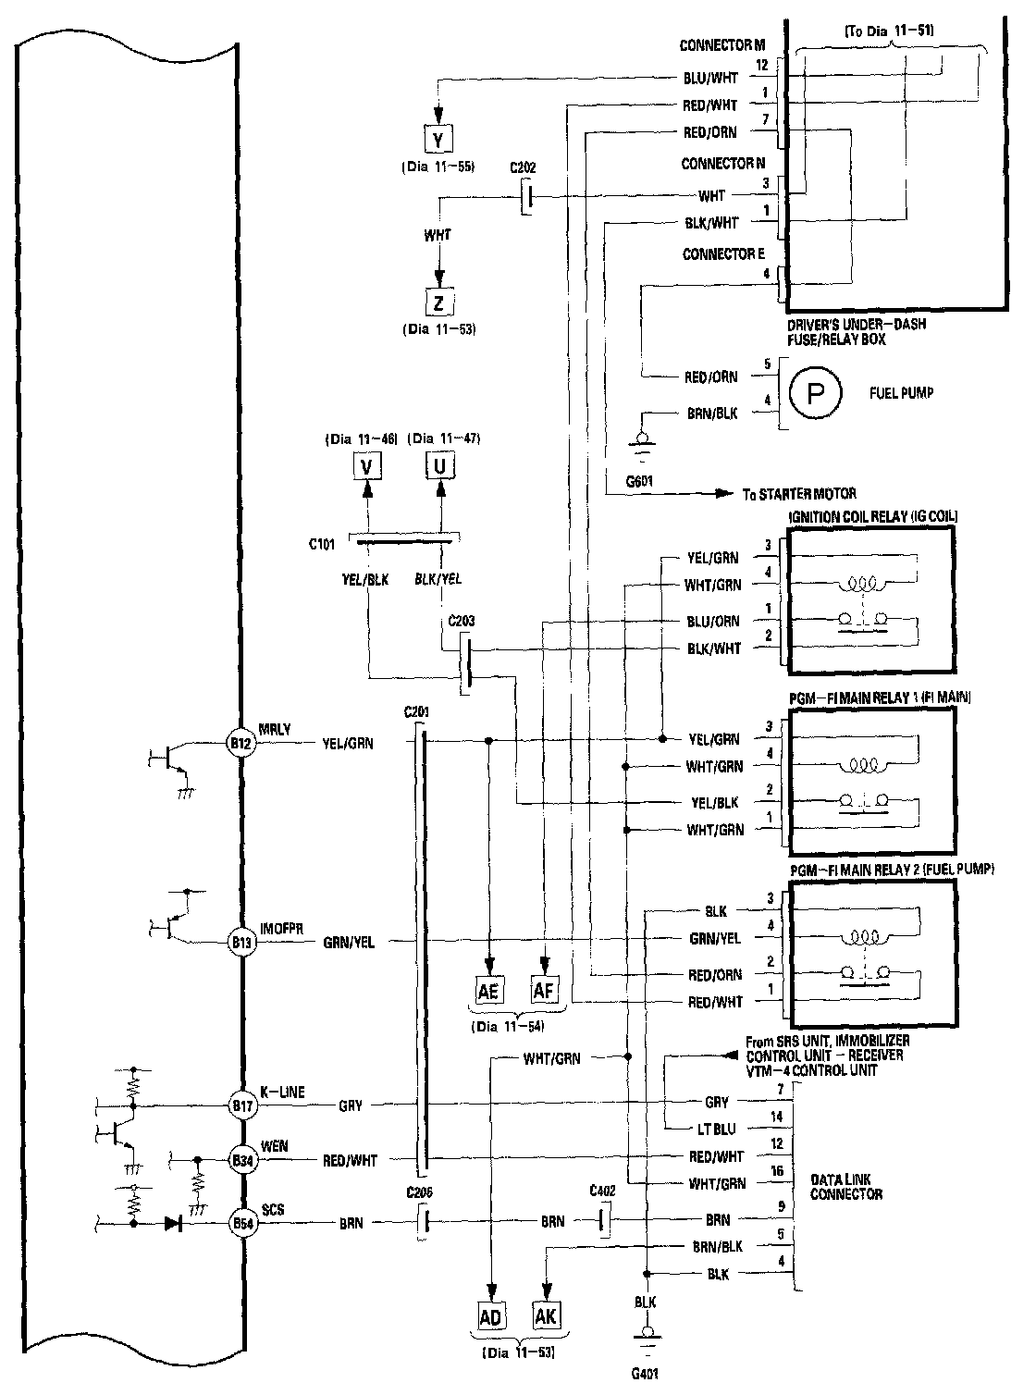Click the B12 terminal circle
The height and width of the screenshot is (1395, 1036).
click(241, 741)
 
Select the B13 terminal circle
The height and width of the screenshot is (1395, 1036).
click(241, 943)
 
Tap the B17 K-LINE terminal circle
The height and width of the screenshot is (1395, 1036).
click(241, 1104)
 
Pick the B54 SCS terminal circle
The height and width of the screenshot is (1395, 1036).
click(241, 1223)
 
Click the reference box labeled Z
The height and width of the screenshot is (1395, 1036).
click(438, 302)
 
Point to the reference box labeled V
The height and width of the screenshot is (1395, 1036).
click(367, 465)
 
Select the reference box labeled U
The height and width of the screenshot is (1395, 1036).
click(440, 465)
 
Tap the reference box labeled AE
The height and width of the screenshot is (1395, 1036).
click(489, 990)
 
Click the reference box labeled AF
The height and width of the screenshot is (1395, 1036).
click(545, 990)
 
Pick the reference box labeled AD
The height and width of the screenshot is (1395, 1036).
click(490, 1315)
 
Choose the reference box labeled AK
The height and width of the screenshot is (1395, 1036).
click(547, 1315)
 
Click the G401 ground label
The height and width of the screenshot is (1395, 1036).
click(647, 1374)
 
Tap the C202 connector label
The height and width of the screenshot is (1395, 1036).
click(523, 169)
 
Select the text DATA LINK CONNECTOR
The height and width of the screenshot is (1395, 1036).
click(846, 1187)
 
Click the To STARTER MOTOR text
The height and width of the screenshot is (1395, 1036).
click(800, 493)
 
